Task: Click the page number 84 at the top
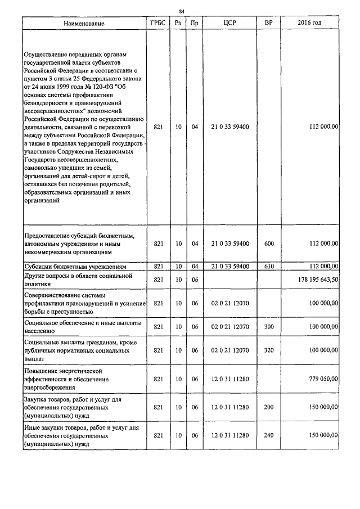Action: (181, 11)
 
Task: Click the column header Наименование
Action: (84, 24)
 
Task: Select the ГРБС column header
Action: (158, 24)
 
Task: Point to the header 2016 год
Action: (309, 24)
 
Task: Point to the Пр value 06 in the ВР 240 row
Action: (195, 435)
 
